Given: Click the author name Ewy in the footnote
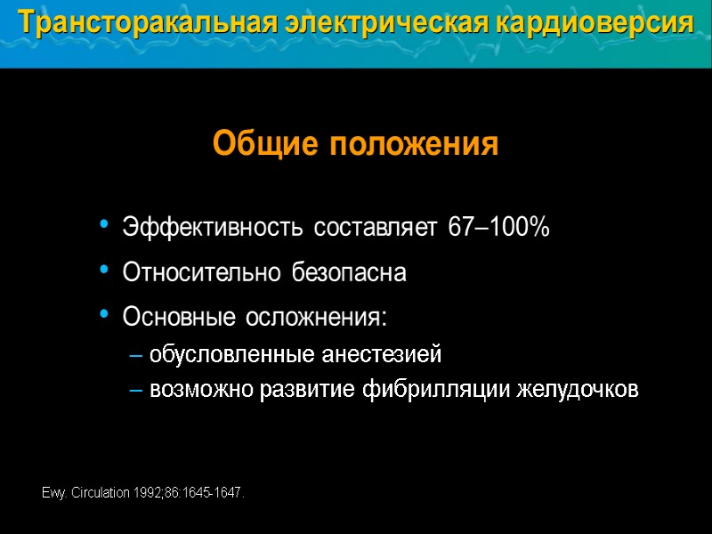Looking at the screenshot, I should click(x=53, y=493).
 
